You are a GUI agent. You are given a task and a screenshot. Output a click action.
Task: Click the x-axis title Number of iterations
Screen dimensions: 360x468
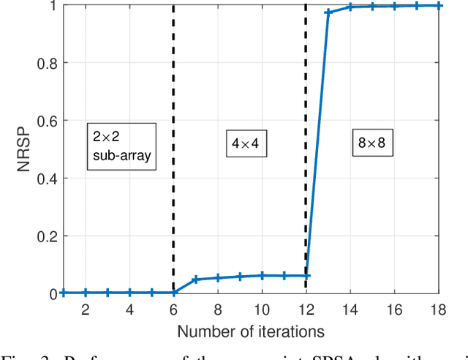tap(251, 331)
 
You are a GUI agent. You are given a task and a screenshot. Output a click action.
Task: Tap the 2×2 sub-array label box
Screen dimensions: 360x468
tap(122, 146)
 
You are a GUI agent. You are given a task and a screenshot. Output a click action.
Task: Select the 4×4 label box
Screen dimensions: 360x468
tap(245, 144)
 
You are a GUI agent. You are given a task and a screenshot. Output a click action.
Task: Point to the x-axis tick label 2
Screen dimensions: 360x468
tap(86, 310)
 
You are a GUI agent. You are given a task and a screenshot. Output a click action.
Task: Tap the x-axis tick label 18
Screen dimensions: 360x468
tap(438, 310)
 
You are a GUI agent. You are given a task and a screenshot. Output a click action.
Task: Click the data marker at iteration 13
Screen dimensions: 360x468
tap(328, 12)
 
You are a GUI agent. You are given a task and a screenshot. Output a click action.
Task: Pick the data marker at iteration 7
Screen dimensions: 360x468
tap(195, 280)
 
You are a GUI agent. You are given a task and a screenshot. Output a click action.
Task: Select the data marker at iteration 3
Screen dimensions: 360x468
tap(107, 293)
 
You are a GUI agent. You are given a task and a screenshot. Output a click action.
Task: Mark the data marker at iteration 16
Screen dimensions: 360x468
tap(394, 6)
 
